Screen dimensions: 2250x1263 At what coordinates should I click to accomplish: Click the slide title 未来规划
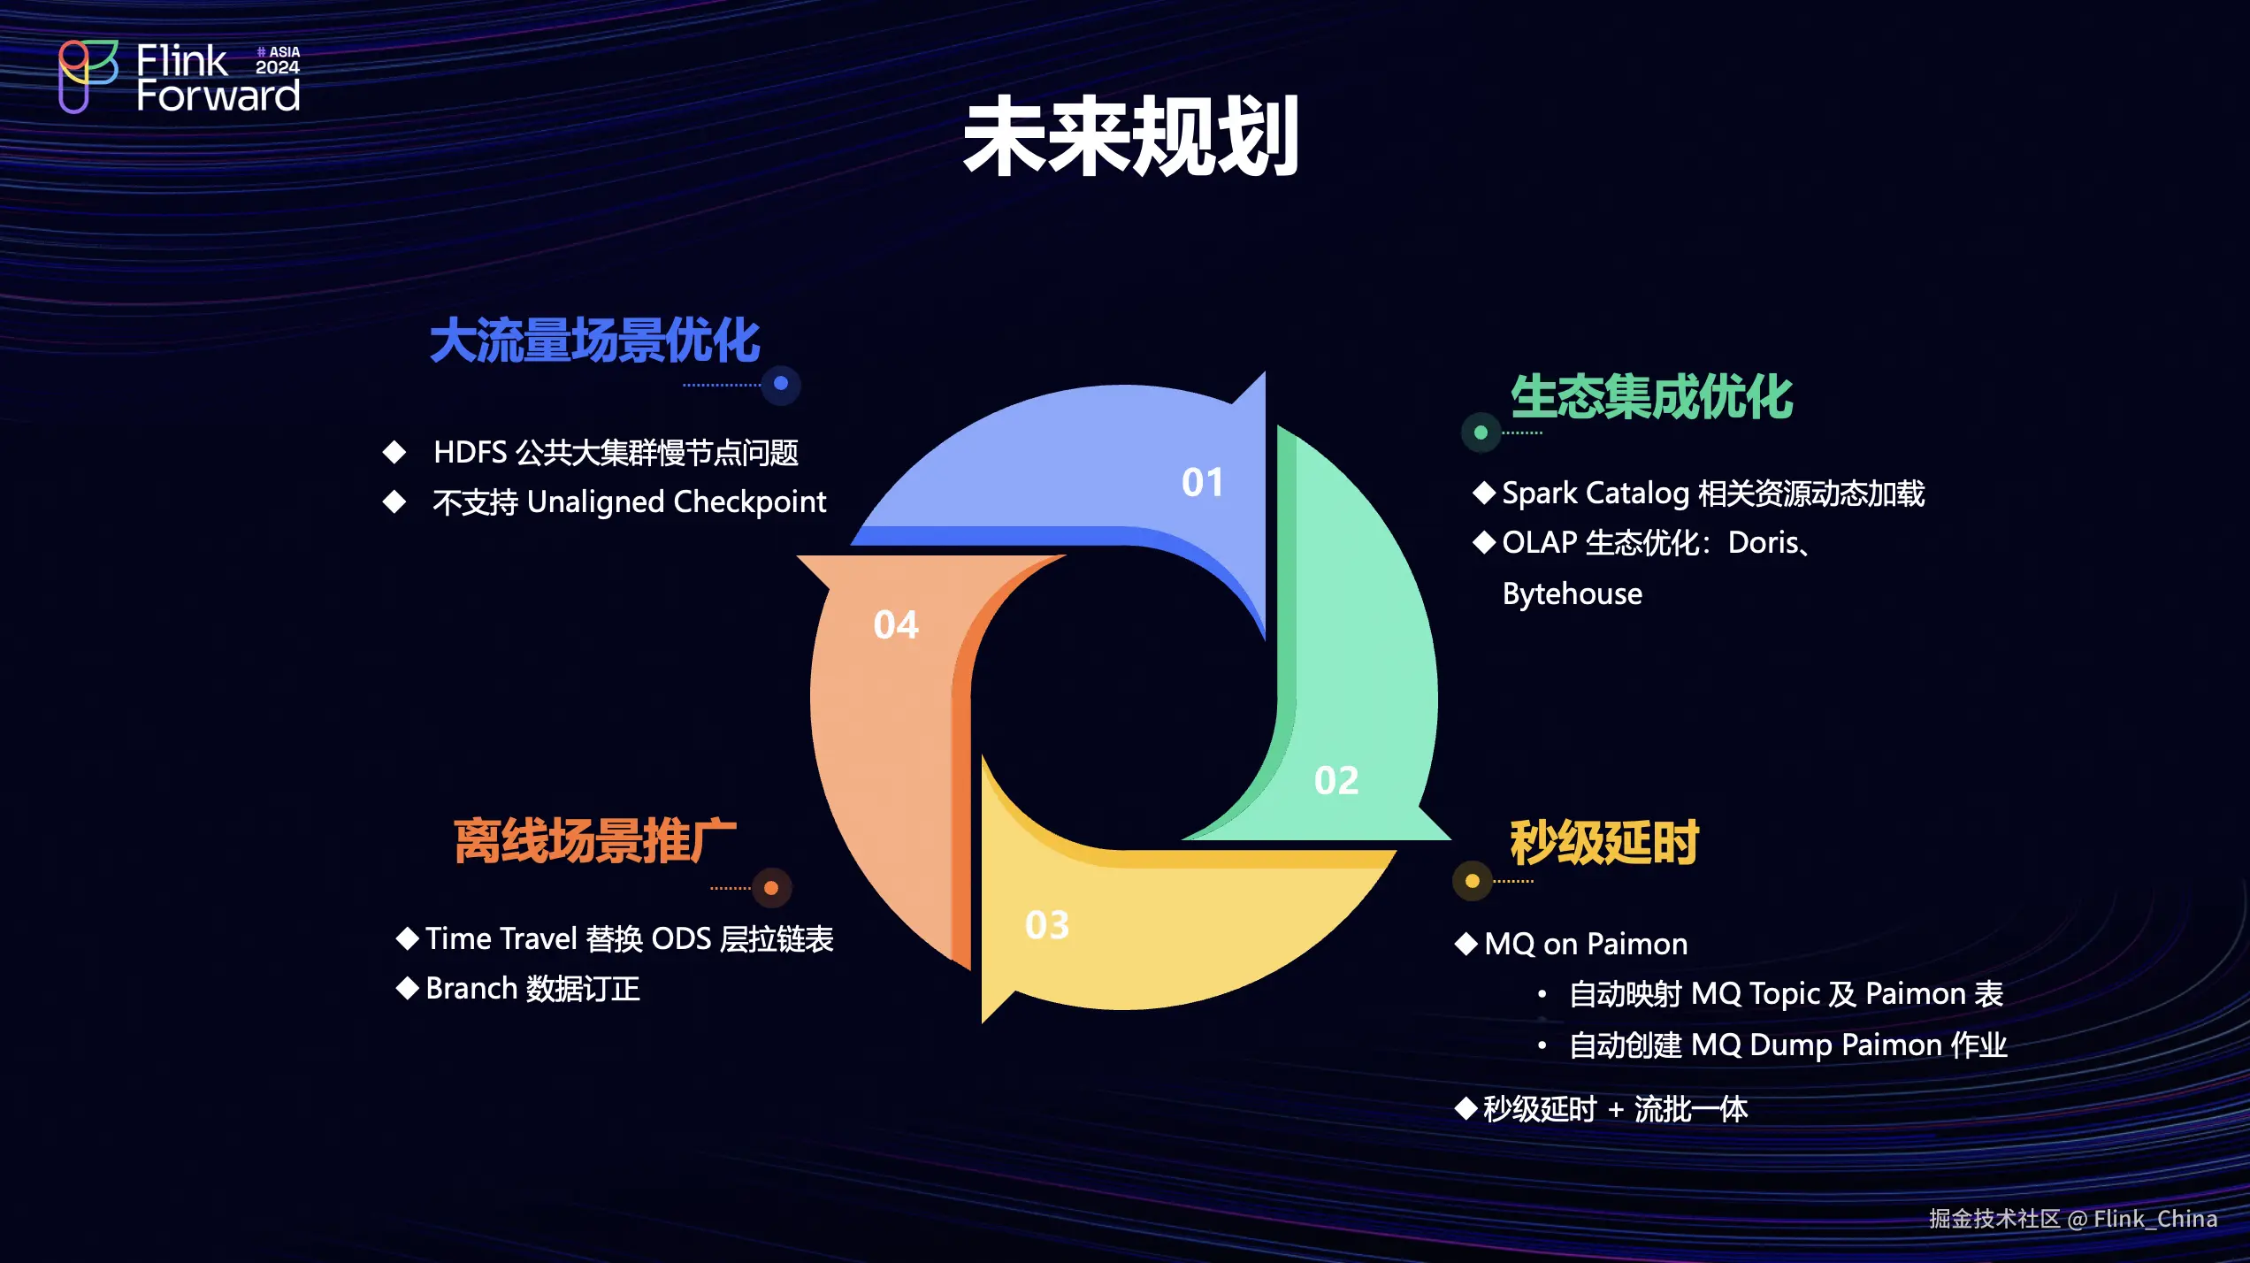[1130, 136]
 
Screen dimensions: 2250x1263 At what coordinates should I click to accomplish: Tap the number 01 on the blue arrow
[1203, 483]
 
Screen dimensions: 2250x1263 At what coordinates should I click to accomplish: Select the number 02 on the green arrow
[1335, 781]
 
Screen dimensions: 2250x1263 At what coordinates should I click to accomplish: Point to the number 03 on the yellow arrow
[1047, 925]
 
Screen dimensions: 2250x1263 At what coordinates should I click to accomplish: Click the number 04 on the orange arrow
[896, 625]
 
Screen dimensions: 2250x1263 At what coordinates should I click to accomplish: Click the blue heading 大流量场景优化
[594, 341]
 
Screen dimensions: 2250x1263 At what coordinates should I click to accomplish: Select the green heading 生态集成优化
[1651, 396]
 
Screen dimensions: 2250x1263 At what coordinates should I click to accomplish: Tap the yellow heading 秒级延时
[1604, 842]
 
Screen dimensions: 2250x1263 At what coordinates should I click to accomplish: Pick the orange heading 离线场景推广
[595, 840]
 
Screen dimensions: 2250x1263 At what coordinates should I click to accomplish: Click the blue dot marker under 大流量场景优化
[781, 384]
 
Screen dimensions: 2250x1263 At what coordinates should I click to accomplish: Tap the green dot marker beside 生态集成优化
[1481, 432]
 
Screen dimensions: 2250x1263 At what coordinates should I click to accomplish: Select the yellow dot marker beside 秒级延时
[1473, 881]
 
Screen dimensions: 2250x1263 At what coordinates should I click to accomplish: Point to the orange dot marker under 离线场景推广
[771, 888]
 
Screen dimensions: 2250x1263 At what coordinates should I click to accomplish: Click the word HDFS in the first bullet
[470, 453]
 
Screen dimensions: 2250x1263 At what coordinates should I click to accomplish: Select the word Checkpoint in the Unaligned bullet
[749, 502]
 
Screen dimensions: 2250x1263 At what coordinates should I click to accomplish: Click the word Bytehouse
[1572, 594]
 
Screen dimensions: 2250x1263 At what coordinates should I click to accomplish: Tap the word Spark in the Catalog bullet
[1540, 494]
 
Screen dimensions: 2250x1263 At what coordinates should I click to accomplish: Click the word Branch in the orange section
[471, 989]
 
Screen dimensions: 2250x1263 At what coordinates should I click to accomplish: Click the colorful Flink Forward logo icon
[88, 76]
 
